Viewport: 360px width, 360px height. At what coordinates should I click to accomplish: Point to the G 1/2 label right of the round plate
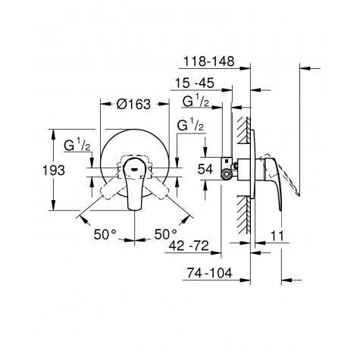[190, 127]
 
